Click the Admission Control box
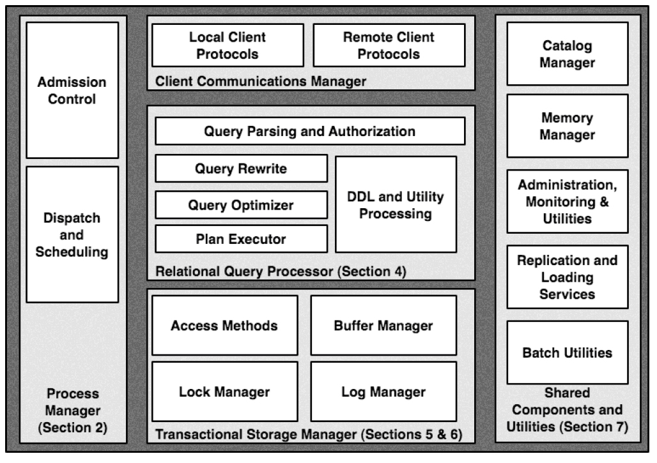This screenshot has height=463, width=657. [72, 90]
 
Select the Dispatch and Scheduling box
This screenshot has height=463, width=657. [72, 234]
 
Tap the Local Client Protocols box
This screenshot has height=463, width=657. [228, 45]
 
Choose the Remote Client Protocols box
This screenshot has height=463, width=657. [389, 45]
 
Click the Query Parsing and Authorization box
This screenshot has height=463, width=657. [310, 132]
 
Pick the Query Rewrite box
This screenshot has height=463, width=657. [241, 169]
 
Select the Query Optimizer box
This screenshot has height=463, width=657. [241, 205]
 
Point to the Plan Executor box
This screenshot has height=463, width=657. [241, 239]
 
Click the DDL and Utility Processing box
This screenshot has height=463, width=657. [396, 204]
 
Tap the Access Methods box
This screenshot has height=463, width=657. [224, 325]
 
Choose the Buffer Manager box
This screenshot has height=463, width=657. [383, 325]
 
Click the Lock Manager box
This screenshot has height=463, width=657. [224, 391]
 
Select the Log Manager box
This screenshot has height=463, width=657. [383, 391]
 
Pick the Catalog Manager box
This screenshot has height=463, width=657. [568, 54]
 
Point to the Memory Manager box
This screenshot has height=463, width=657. [568, 126]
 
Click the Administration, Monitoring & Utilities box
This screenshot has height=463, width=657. [568, 201]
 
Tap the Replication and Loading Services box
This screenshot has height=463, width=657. [568, 277]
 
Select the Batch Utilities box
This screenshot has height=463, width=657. [568, 352]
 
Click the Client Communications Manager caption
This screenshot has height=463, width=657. [261, 81]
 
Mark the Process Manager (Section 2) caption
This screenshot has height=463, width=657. [72, 411]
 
